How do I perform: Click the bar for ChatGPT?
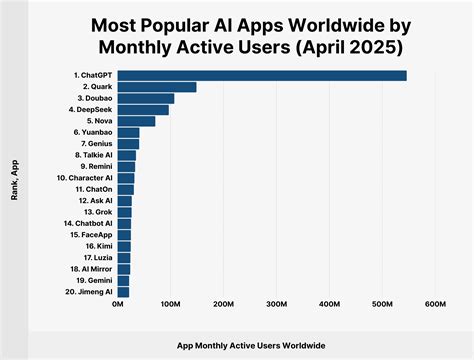coord(262,75)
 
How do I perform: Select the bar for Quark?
coord(157,87)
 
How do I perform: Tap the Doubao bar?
coord(146,98)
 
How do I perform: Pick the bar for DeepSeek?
coord(143,110)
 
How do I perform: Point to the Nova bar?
coord(136,121)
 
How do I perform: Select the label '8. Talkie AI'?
coord(89,155)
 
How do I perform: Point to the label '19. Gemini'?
coord(91,280)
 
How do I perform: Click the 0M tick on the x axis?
coord(118,304)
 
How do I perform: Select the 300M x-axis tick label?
coord(276,304)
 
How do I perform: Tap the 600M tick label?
coord(434,304)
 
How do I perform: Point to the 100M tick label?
coord(171,304)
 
